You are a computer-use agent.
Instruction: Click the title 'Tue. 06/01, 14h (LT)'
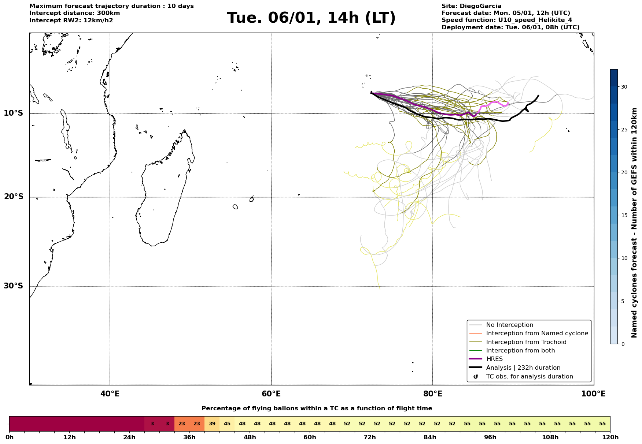[311, 18]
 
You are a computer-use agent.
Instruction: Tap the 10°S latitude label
[14, 113]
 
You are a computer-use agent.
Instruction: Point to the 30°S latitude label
[14, 286]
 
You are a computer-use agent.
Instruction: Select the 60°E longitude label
[271, 394]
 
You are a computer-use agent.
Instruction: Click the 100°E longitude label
[594, 394]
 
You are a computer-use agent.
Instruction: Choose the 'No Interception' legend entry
[509, 325]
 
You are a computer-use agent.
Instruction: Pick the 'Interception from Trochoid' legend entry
[526, 342]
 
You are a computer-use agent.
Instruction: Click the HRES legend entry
[494, 359]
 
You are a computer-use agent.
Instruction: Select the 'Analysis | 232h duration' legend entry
[523, 368]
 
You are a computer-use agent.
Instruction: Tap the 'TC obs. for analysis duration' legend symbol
[476, 377]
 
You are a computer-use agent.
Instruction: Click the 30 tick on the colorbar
[624, 87]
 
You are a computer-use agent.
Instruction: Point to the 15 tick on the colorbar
[624, 215]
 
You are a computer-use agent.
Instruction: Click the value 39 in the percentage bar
[212, 424]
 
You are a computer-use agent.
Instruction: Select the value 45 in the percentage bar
[227, 424]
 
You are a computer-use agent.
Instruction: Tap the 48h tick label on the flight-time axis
[250, 437]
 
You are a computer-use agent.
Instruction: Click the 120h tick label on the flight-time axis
[610, 437]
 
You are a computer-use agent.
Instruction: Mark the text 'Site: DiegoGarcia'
[471, 6]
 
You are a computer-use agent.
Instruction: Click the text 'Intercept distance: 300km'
[74, 13]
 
